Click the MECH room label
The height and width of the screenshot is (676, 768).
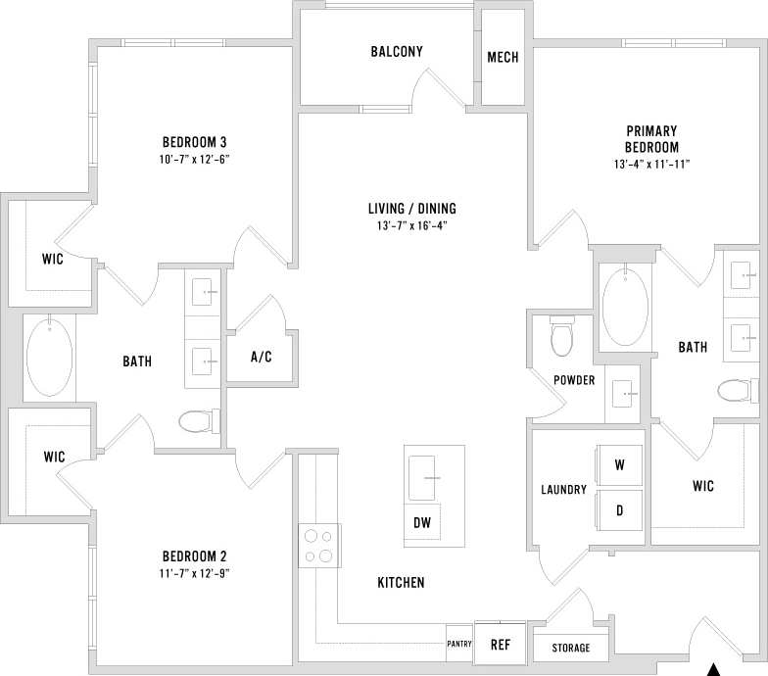503,58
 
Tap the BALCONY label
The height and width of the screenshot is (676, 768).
397,52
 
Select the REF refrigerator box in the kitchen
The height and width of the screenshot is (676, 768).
501,645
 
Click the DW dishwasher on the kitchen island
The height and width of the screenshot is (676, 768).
422,523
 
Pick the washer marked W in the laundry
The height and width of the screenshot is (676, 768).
619,464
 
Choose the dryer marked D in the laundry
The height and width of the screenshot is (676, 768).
619,510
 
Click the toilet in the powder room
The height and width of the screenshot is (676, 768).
562,338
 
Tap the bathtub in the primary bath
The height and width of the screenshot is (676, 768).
624,307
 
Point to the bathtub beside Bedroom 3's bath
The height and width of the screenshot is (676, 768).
49,355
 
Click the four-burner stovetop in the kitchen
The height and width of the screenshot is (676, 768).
317,546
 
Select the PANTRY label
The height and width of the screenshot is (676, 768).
459,644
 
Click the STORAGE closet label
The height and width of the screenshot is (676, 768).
571,648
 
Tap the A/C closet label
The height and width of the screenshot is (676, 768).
262,357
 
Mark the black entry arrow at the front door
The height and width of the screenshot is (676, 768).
714,669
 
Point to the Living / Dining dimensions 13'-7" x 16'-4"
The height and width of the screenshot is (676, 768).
412,225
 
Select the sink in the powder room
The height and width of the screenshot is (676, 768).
623,394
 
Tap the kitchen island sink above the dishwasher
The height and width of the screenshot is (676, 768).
428,476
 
